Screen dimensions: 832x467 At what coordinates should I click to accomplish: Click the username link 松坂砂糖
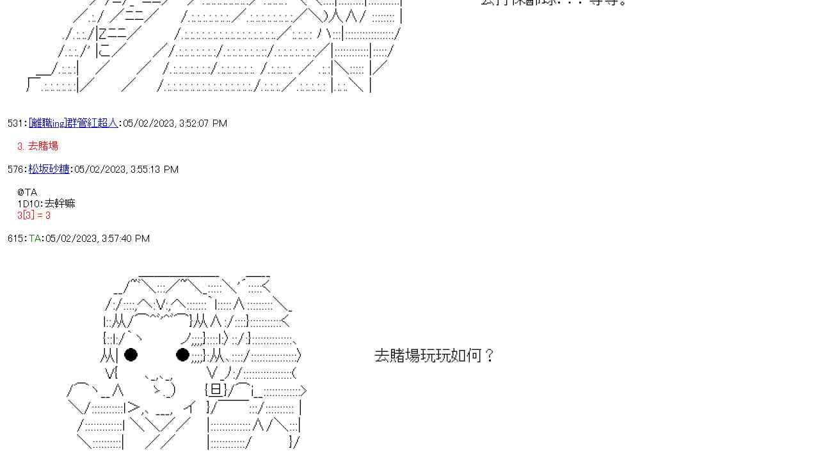49,170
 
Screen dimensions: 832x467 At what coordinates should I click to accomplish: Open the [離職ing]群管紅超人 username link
73,123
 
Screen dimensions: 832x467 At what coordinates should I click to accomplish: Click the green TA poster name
35,239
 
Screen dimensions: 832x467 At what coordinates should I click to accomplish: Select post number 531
15,123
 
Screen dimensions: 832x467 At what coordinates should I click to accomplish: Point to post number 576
15,170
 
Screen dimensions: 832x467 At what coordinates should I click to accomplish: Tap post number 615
15,239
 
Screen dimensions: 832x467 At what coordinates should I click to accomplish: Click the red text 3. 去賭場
38,146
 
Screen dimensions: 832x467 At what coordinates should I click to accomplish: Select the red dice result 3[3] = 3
34,216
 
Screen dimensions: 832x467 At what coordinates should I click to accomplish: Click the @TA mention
28,193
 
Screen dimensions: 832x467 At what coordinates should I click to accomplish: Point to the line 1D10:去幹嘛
46,204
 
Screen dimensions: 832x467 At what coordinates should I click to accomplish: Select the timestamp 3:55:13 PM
154,170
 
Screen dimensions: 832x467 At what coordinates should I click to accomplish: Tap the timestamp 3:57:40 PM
125,239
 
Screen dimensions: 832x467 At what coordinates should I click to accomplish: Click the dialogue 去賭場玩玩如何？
435,356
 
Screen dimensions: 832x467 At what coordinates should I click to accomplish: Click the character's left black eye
131,354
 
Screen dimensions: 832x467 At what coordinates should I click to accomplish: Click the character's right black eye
182,354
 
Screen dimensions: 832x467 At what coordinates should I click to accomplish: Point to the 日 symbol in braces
216,390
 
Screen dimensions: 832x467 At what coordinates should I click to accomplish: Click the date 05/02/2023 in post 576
99,170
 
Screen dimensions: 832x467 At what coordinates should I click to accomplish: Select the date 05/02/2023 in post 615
71,239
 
